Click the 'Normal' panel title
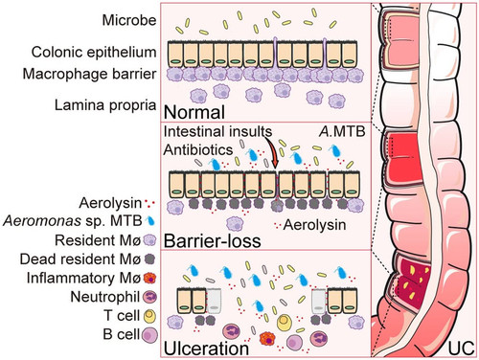[x=194, y=112]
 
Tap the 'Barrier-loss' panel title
[x=213, y=240]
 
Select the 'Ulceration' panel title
[x=206, y=349]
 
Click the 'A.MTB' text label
[x=342, y=131]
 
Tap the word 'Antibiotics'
[x=198, y=149]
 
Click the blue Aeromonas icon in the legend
[x=149, y=221]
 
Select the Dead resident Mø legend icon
[x=149, y=259]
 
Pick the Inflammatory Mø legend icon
[x=149, y=278]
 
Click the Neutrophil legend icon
[x=150, y=297]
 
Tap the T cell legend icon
[x=150, y=316]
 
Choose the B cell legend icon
[x=150, y=335]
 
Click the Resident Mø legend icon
[x=149, y=240]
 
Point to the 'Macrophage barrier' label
[x=89, y=74]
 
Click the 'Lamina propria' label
[x=105, y=105]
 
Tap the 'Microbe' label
[x=129, y=20]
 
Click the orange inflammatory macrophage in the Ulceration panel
[x=267, y=340]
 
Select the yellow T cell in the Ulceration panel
[x=284, y=323]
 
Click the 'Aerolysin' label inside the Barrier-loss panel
[x=314, y=225]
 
